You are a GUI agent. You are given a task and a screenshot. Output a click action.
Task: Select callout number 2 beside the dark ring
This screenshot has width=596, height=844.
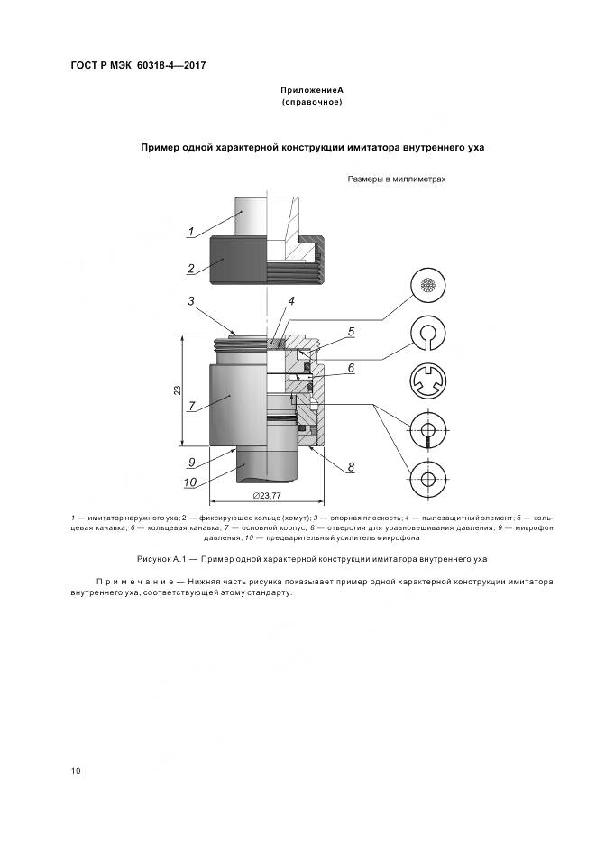(192, 268)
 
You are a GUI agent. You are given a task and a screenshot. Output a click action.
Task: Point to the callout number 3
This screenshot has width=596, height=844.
(192, 300)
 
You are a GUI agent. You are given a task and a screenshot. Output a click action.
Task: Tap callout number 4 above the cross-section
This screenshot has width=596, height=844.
(292, 300)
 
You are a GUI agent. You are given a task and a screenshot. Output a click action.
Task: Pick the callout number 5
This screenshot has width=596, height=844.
(351, 332)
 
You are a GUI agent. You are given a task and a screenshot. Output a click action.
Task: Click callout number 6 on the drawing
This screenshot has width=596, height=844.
(351, 368)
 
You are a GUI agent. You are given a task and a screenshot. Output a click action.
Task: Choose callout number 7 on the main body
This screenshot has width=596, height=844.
(192, 407)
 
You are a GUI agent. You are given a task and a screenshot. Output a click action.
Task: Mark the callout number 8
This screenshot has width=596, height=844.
(351, 467)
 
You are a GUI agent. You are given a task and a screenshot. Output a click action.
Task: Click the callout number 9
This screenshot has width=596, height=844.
(192, 462)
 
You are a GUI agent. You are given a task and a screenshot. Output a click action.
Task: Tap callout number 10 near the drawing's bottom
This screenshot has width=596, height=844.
(192, 482)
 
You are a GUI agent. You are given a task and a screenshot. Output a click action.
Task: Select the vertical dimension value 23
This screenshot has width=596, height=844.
(178, 390)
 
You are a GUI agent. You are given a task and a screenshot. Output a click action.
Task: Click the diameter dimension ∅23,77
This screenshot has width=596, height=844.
(268, 495)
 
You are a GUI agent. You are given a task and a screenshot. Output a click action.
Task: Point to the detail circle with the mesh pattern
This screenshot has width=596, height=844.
(428, 286)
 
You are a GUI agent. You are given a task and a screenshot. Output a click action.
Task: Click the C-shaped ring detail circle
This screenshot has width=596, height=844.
(428, 335)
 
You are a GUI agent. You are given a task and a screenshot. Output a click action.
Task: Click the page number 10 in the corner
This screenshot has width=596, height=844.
(76, 770)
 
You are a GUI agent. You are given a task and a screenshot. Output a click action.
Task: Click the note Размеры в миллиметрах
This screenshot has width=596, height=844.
(397, 179)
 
